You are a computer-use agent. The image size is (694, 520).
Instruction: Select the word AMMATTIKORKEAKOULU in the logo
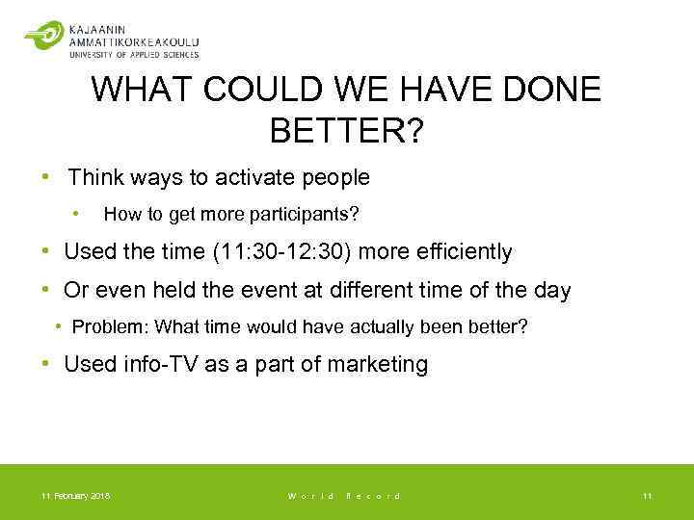134,41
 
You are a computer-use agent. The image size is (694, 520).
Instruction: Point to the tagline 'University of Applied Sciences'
133,55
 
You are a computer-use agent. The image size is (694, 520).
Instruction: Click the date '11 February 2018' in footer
75,496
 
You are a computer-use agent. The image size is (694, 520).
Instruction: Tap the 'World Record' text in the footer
344,496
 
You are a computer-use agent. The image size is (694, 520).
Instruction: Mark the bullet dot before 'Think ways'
45,177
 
